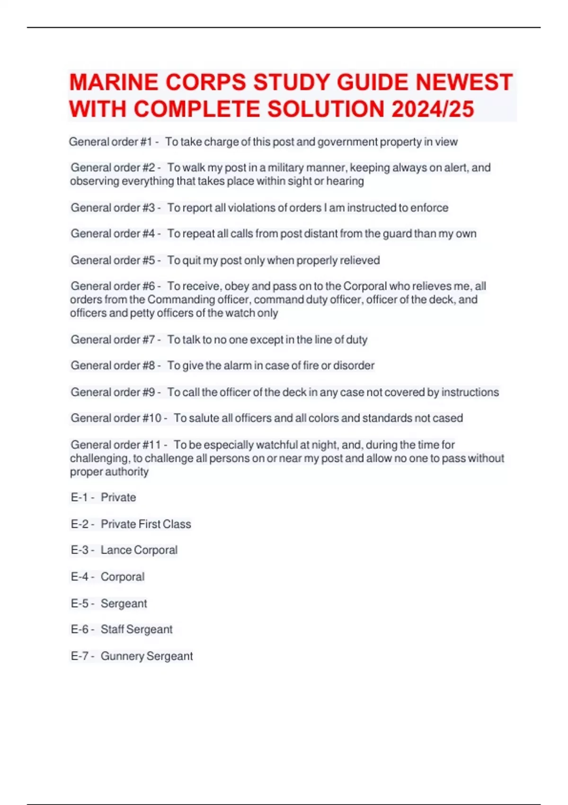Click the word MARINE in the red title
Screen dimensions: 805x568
click(113, 82)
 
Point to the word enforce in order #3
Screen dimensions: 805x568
click(429, 207)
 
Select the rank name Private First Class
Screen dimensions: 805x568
click(146, 524)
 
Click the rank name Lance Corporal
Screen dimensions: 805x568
click(139, 550)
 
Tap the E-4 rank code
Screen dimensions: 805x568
click(80, 577)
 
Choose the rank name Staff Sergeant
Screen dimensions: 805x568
click(136, 629)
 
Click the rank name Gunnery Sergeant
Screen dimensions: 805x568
click(146, 656)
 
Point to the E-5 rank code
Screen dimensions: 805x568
click(80, 603)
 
